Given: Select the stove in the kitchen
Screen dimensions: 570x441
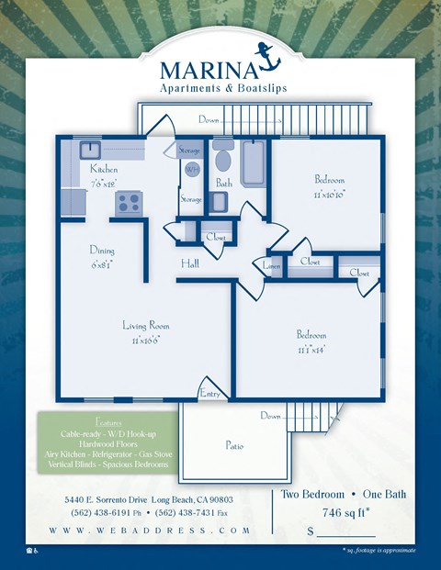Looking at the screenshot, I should (129, 204).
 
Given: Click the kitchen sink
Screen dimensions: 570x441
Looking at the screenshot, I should (90, 151).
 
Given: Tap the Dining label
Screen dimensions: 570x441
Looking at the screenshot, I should (102, 251).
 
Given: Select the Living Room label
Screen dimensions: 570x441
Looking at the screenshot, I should (146, 325).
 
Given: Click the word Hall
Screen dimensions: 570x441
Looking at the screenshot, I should (190, 263).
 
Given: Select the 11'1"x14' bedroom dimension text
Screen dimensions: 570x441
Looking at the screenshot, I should (312, 350).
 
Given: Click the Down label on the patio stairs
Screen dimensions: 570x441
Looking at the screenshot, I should (269, 416).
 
